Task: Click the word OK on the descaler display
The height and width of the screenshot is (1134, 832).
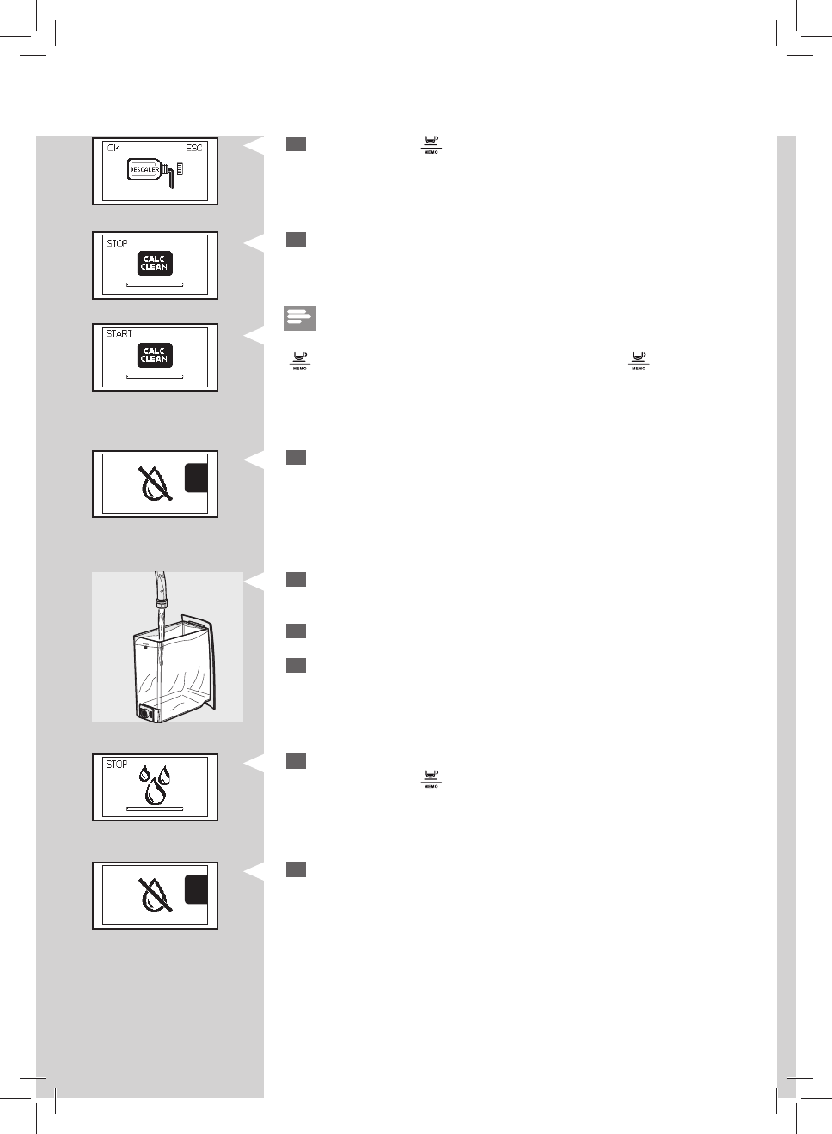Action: [x=113, y=149]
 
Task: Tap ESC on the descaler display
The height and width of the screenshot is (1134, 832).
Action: [x=194, y=149]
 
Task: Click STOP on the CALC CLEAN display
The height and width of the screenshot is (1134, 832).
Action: [x=117, y=243]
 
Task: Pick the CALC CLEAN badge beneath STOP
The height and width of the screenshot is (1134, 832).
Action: [x=155, y=263]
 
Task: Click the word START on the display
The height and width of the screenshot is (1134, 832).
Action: [x=119, y=333]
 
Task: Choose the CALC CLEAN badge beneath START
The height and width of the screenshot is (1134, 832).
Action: [x=155, y=355]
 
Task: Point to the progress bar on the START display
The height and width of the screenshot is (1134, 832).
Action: [x=155, y=376]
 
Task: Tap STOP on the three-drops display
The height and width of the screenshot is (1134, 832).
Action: [x=117, y=764]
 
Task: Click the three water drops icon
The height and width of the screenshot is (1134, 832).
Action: [x=156, y=784]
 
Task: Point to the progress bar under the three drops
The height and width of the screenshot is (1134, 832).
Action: [x=155, y=808]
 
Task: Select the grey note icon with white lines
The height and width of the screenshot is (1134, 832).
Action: [x=300, y=318]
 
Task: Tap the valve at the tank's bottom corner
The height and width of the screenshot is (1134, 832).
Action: [x=144, y=712]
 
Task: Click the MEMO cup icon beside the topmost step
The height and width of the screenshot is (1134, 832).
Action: [x=431, y=144]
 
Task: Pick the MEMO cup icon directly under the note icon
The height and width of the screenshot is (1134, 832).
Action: [x=299, y=360]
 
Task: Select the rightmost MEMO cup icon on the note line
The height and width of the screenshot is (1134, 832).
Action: [x=639, y=360]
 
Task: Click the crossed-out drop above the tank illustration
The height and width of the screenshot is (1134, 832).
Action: [x=156, y=484]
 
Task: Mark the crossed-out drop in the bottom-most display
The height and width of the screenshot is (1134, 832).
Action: [x=156, y=895]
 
